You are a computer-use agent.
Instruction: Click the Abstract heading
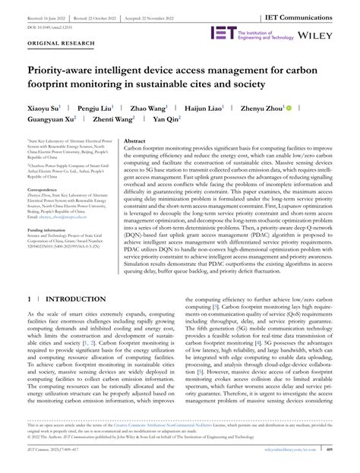click(134, 142)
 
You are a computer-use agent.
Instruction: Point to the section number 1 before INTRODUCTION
click(29, 279)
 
